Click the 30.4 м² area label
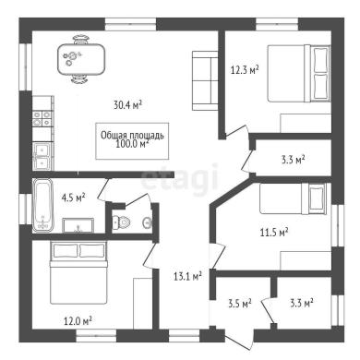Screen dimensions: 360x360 tap(127, 105)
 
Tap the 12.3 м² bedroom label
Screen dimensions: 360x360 tap(245, 70)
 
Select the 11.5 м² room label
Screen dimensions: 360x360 tap(274, 232)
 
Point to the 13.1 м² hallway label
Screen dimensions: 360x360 tap(187, 276)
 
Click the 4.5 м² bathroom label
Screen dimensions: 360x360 tap(73, 198)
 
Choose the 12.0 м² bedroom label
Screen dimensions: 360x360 tap(78, 321)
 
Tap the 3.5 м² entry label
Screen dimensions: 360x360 tap(240, 304)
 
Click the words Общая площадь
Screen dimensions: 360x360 tap(132, 135)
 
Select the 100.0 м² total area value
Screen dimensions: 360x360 tap(132, 144)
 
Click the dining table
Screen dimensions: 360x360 tap(81, 59)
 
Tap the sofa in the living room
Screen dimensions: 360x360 tap(205, 80)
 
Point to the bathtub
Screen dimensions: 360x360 tap(42, 205)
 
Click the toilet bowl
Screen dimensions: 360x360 tap(120, 222)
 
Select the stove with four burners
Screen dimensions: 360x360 tap(42, 119)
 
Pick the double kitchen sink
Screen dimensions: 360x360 tap(42, 157)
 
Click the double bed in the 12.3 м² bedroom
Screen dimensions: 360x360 tap(298, 73)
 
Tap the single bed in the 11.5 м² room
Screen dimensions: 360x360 tap(293, 198)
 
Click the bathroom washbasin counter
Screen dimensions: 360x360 tap(78, 225)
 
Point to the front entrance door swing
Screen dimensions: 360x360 tap(237, 341)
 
